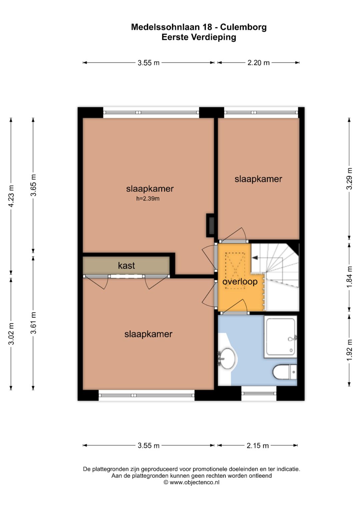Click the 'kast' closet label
126,265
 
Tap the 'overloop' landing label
240,282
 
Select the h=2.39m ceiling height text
148,199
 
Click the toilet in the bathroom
285,372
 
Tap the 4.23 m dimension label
11,196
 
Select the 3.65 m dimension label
33,185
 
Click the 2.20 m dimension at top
258,62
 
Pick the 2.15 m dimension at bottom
258,446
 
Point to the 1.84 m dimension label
349,277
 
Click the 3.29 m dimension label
349,179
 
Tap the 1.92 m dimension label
349,350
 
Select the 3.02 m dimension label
11,333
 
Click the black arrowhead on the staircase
255,258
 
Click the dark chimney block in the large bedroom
210,225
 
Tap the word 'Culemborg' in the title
243,27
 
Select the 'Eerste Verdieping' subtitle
199,37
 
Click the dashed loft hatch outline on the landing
235,270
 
